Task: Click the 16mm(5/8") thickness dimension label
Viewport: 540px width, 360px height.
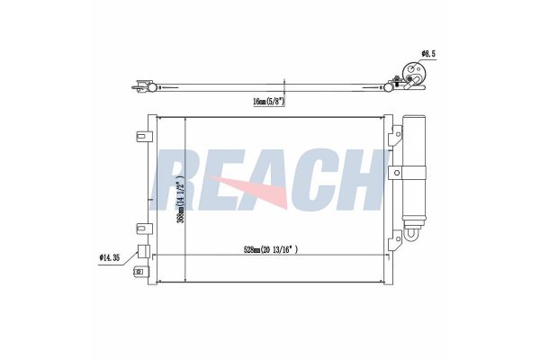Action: [x=268, y=102]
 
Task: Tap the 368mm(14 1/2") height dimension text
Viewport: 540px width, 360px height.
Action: [x=181, y=202]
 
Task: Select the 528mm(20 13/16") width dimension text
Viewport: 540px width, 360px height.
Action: [x=271, y=250]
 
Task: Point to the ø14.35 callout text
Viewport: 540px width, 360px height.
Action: [x=110, y=257]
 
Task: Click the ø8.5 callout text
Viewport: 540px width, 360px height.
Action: [x=428, y=54]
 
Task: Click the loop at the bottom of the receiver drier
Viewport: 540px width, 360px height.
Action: [x=412, y=234]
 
